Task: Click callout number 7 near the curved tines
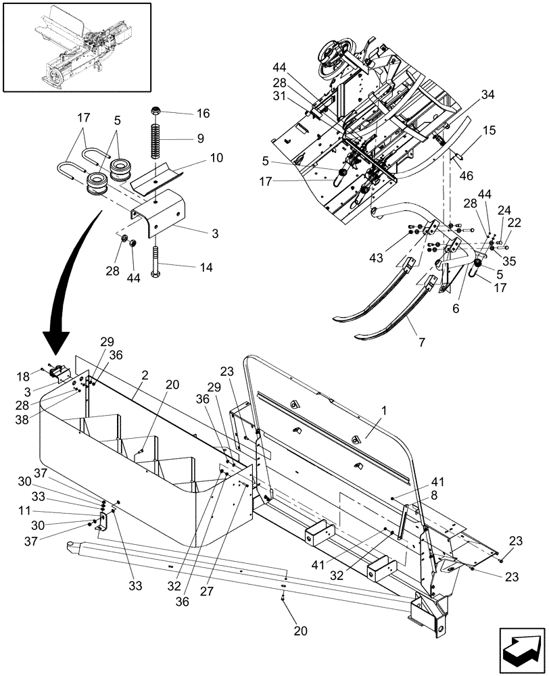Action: tap(421, 343)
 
